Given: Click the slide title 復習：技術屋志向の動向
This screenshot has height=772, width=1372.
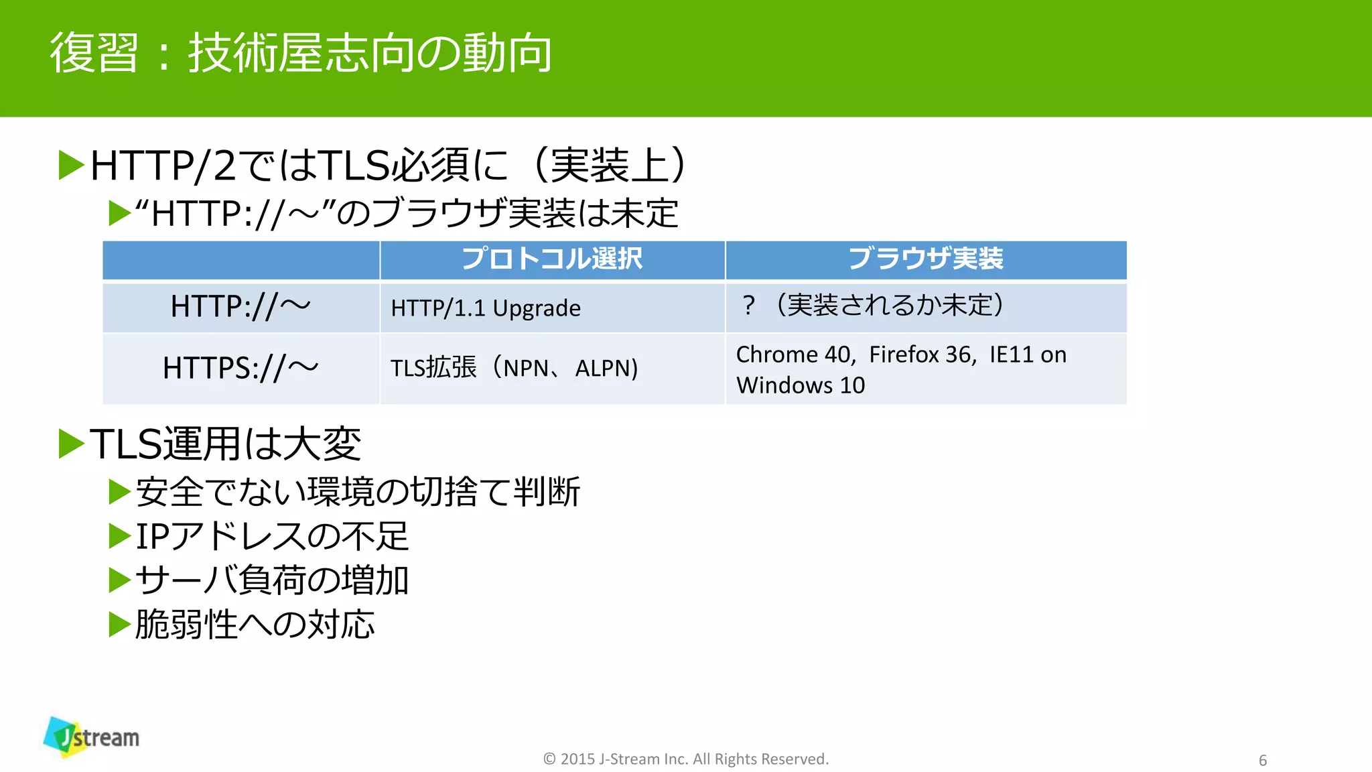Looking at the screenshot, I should click(x=301, y=54).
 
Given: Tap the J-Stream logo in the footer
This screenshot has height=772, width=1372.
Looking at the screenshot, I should click(x=92, y=737).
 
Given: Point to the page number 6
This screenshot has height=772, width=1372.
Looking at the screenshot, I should click(x=1263, y=761).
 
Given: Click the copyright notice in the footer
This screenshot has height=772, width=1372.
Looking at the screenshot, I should click(x=685, y=759).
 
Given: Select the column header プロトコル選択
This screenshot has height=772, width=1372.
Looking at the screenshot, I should click(x=552, y=259).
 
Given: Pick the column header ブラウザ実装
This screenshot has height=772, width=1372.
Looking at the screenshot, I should click(x=925, y=259).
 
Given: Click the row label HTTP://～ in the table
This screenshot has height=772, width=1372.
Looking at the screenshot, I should click(x=241, y=308).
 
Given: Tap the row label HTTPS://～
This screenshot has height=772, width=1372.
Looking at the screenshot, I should click(x=241, y=368).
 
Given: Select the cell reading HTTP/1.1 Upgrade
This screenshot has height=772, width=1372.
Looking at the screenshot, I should click(x=486, y=308).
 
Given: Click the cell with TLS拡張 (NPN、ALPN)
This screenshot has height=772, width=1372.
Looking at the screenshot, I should click(x=514, y=368).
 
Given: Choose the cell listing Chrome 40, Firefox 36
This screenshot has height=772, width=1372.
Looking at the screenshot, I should click(x=900, y=355).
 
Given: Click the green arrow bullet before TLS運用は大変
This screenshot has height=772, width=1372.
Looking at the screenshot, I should click(x=71, y=444).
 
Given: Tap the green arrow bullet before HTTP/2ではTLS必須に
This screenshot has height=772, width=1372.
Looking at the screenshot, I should click(x=71, y=166).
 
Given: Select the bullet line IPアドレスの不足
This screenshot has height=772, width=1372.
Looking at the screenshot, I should click(x=271, y=536).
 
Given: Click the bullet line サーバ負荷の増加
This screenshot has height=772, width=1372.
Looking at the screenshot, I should click(x=271, y=580).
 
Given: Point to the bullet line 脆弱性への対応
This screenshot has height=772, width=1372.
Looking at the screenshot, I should click(x=255, y=625).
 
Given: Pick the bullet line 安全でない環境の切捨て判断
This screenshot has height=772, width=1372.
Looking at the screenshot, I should click(x=357, y=492).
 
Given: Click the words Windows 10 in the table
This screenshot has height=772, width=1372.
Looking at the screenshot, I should click(x=801, y=386).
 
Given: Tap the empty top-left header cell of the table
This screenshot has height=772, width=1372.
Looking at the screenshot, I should click(x=241, y=259).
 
